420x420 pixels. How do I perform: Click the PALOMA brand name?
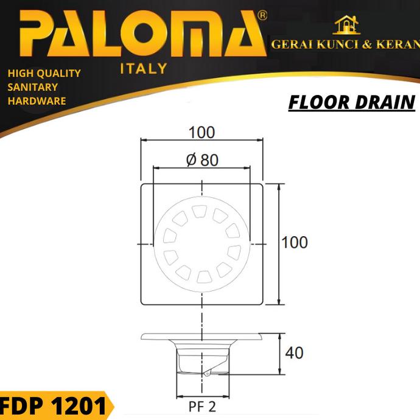143,33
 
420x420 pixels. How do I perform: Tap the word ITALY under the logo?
144,69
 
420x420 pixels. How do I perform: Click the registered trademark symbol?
262,16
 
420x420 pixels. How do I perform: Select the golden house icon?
346,25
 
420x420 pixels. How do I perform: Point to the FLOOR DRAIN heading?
352,102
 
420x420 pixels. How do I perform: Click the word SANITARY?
33,87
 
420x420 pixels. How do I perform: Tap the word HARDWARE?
37,101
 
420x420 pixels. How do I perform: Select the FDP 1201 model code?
53,406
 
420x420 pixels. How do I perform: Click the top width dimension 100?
201,132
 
